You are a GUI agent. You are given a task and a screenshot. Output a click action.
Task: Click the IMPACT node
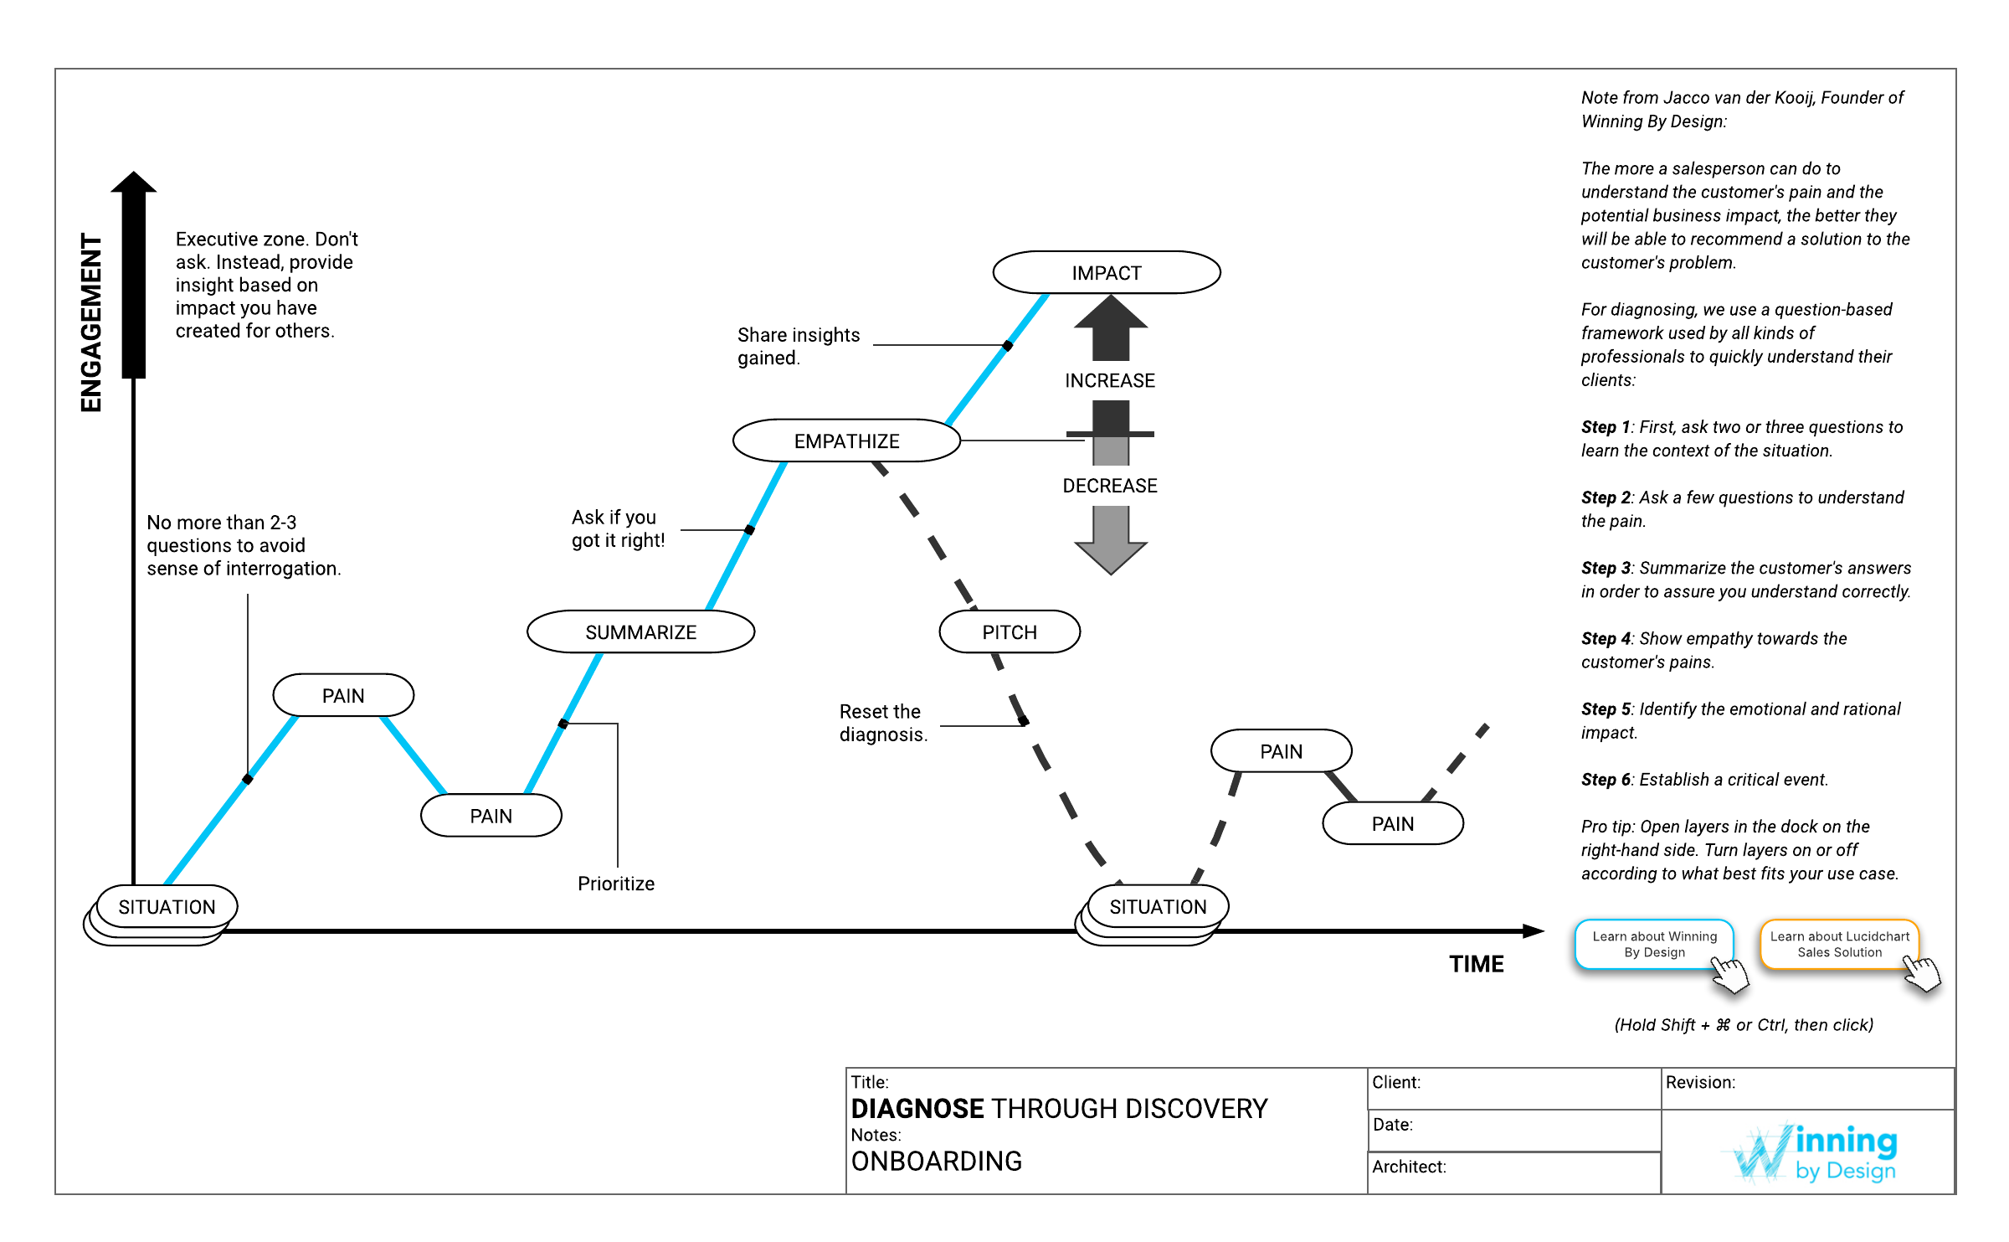coord(1106,273)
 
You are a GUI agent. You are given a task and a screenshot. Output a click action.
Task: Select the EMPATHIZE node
coord(846,441)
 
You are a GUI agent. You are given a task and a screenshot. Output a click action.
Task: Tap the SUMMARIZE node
coord(640,632)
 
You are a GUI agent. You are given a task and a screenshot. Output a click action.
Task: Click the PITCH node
coord(1010,632)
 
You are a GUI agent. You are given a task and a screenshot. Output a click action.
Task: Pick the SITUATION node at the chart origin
coord(167,907)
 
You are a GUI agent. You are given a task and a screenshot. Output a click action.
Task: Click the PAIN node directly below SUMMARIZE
coord(491,817)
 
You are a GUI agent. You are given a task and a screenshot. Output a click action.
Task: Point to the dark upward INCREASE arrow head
coord(1111,314)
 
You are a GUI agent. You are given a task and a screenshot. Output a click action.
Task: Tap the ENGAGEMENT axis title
coord(91,322)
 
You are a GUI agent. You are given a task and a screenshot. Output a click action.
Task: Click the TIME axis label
coord(1477,964)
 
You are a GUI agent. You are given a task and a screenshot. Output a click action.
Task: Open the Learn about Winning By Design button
coord(1654,945)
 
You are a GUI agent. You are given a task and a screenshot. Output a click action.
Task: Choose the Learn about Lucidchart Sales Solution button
coord(1839,945)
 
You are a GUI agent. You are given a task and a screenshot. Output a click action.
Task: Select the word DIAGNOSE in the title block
coord(917,1109)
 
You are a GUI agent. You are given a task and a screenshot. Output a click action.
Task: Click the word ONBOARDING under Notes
coord(936,1162)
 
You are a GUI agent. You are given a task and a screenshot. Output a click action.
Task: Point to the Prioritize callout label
coord(616,884)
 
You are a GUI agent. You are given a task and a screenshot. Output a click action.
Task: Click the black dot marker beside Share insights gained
coord(1008,346)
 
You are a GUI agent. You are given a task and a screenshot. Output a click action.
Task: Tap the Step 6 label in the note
coord(1606,780)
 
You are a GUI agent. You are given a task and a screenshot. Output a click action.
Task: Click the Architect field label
coord(1409,1167)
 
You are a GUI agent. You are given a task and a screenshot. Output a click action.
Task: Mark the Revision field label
coord(1700,1082)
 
